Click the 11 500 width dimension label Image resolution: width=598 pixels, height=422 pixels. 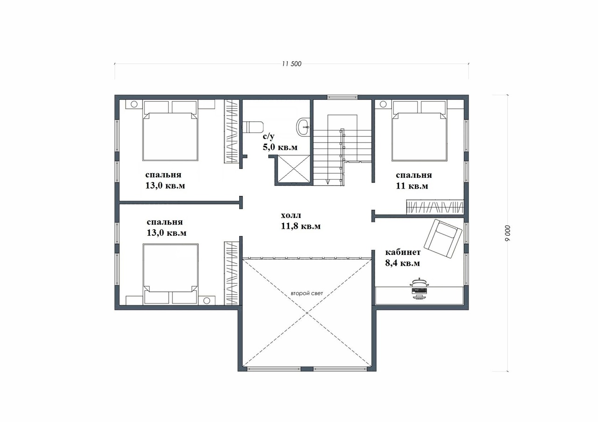tap(292, 64)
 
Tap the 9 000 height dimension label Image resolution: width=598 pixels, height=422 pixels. tap(507, 233)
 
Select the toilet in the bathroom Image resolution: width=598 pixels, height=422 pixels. tap(253, 127)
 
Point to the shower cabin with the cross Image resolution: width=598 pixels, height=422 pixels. tap(294, 169)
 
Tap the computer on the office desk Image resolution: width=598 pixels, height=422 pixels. tap(420, 288)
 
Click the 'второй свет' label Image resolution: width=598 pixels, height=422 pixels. tap(307, 294)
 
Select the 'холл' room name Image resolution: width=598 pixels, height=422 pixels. tap(291, 215)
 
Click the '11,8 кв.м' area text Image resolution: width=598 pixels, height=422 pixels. tap(300, 226)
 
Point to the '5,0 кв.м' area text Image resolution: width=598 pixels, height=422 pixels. tap(280, 147)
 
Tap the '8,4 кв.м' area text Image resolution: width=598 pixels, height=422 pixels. tap(402, 263)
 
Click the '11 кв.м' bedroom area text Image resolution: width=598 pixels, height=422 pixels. tap(412, 186)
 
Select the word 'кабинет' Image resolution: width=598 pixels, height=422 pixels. tap(403, 252)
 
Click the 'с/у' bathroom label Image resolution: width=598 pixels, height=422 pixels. tap(269, 137)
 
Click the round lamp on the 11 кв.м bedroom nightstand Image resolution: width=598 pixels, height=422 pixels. tap(383, 104)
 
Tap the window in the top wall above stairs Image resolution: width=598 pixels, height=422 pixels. tap(342, 97)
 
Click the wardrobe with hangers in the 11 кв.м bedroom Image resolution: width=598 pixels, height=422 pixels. tap(435, 207)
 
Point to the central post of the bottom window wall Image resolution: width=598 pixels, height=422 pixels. tap(307, 369)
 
